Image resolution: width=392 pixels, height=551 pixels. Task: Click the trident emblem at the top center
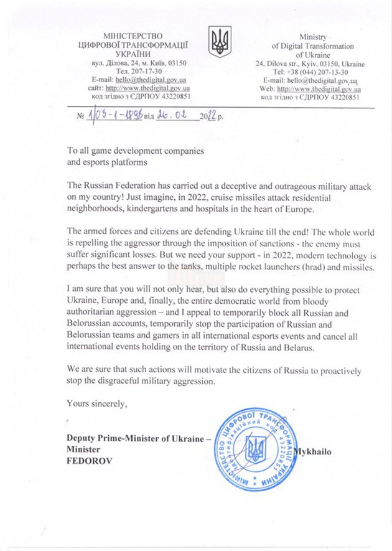pyautogui.click(x=220, y=42)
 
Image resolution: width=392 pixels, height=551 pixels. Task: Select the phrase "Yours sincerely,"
pyautogui.click(x=97, y=404)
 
